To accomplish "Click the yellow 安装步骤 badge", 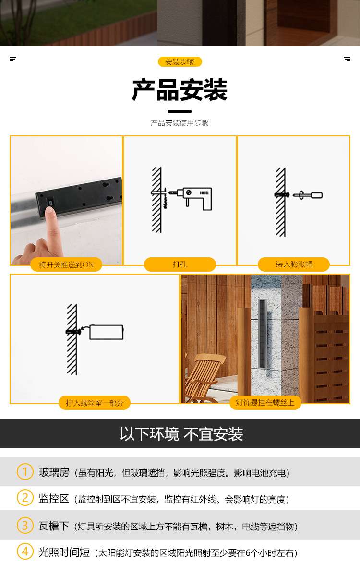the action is coord(180,62).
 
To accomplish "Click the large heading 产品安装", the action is coord(180,90).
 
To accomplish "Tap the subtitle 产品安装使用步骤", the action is coord(180,123).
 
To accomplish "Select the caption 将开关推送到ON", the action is coord(66,265).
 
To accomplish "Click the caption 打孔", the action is coord(180,264).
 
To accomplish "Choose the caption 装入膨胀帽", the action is coord(294,264).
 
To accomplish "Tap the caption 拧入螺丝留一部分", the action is coord(95,403).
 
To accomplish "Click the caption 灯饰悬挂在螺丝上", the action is coord(265,403).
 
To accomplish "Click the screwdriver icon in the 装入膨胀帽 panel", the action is coord(308,195).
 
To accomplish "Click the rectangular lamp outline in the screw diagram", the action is coord(107,332).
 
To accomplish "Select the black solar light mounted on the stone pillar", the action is coord(262,334).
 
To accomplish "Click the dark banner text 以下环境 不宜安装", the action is coord(181,434).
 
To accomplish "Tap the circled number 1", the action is coord(25,471).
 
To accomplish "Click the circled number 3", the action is coord(25,526).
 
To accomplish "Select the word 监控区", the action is coord(54,499).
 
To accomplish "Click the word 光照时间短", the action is coord(64,552).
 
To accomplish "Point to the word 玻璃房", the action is coord(54,472).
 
